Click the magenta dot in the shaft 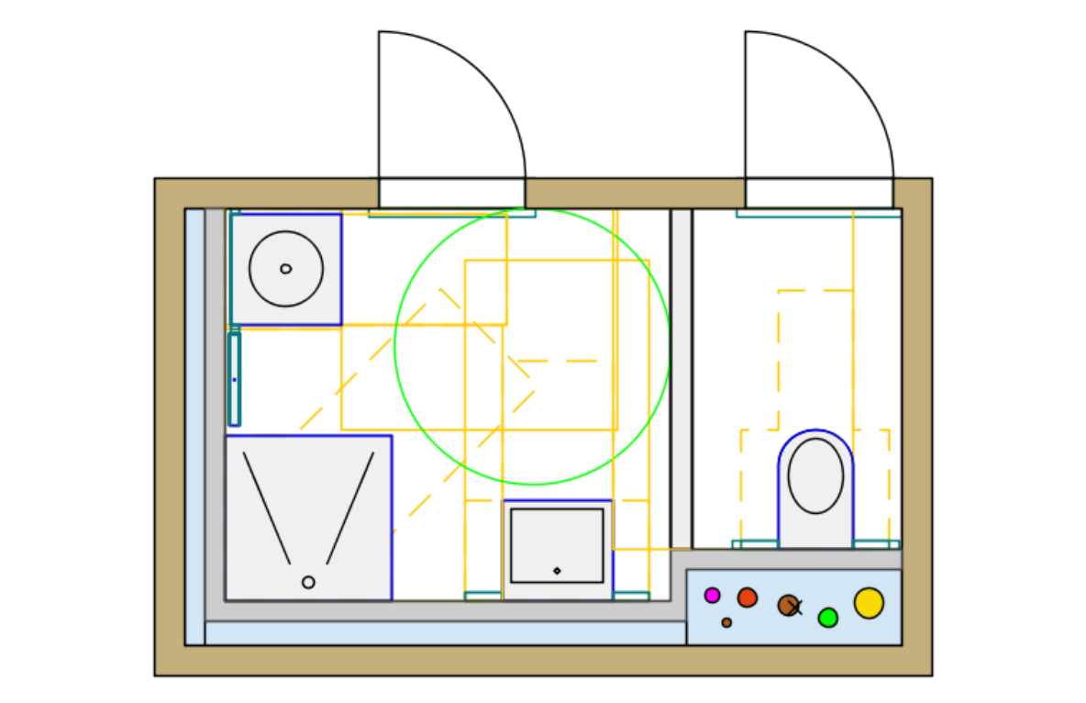point(712,596)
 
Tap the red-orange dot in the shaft point(748,597)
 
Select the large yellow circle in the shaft point(869,603)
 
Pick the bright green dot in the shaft point(828,618)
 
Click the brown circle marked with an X point(789,605)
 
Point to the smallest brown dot point(726,622)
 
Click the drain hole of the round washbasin point(285,269)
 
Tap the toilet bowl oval point(815,475)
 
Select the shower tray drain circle point(308,582)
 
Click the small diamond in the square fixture point(557,571)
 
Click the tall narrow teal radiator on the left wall point(234,379)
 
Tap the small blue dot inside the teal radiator point(234,379)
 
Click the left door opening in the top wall point(451,193)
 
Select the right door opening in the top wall point(818,193)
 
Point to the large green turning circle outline point(395,347)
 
